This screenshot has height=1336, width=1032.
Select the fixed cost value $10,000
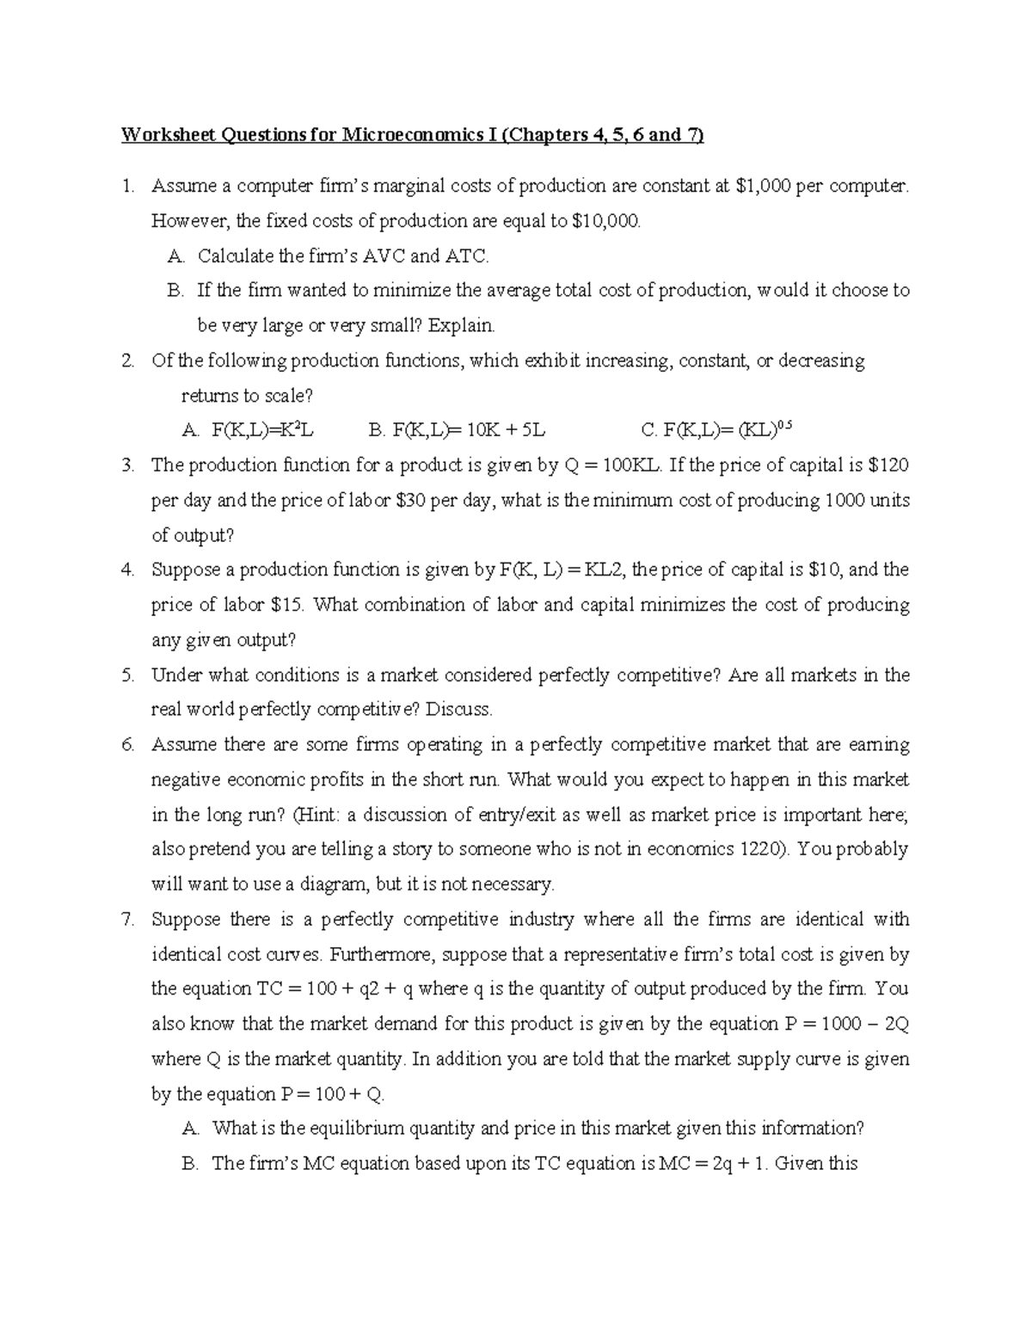click(606, 221)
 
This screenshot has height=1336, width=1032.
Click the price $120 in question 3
click(888, 465)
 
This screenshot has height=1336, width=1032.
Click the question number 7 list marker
click(128, 920)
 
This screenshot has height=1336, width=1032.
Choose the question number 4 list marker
click(128, 569)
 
